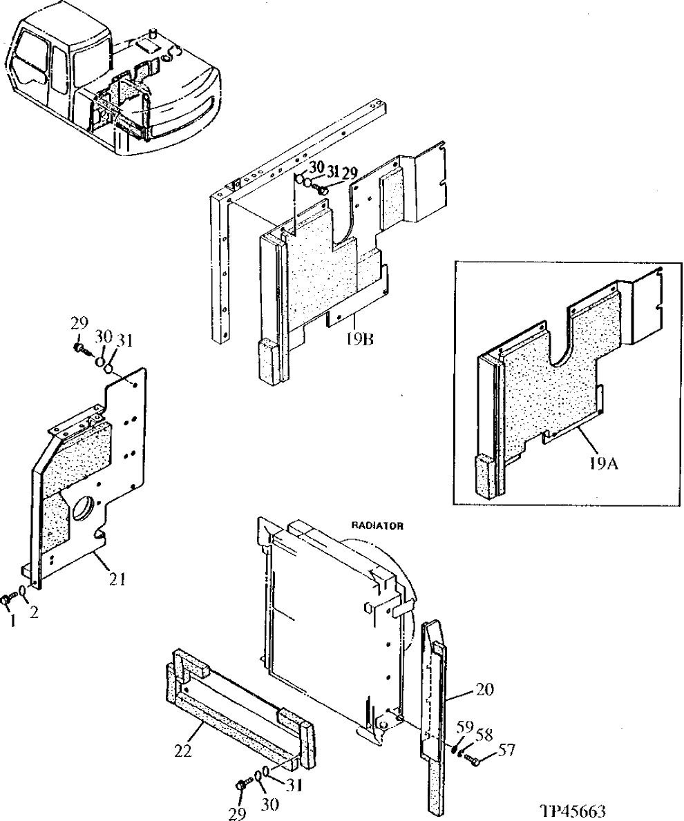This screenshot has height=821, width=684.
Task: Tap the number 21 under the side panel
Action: (117, 579)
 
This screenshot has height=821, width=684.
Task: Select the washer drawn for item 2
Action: (23, 592)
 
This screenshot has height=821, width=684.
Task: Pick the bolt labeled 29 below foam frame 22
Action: (242, 784)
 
